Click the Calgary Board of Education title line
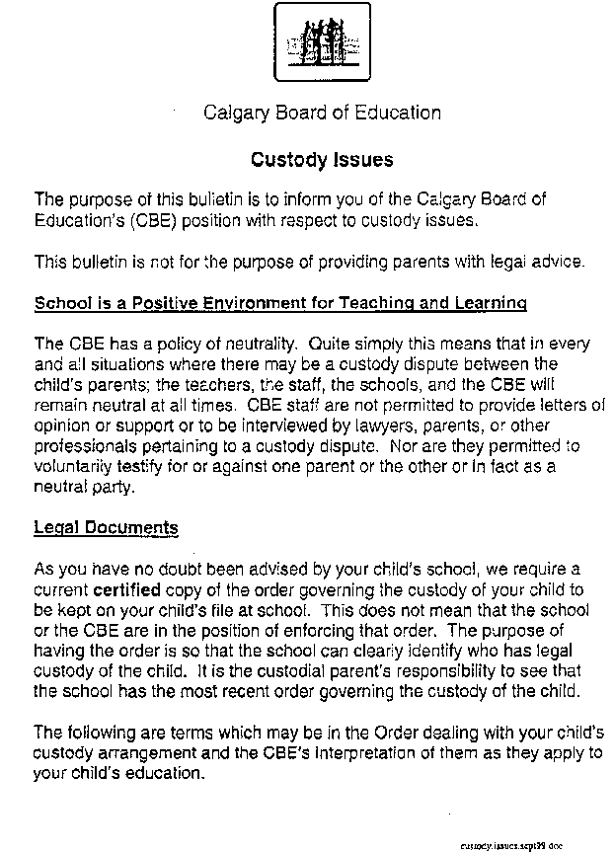click(x=322, y=113)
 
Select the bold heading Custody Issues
click(x=322, y=159)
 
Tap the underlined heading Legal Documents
click(x=106, y=528)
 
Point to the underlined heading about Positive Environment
click(x=280, y=302)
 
